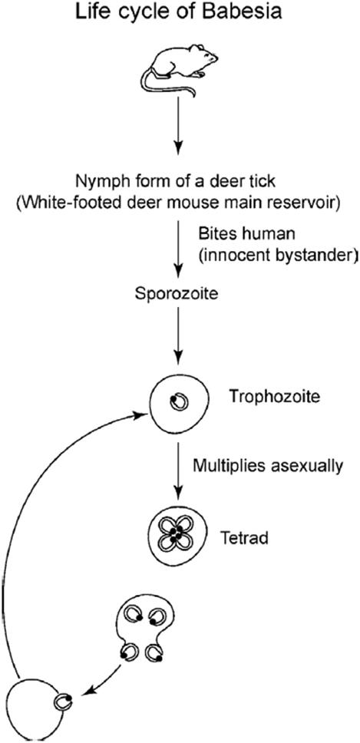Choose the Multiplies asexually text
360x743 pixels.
pyautogui.click(x=267, y=466)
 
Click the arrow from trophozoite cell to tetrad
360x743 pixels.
pyautogui.click(x=177, y=469)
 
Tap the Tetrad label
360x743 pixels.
pyautogui.click(x=244, y=538)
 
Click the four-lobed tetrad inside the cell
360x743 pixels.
pyautogui.click(x=175, y=533)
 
